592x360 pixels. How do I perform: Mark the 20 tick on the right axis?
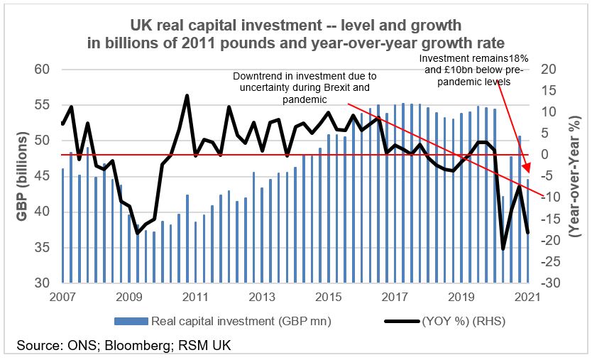click(551, 70)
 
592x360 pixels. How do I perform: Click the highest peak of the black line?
click(187, 95)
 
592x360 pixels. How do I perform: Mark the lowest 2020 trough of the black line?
click(503, 249)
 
